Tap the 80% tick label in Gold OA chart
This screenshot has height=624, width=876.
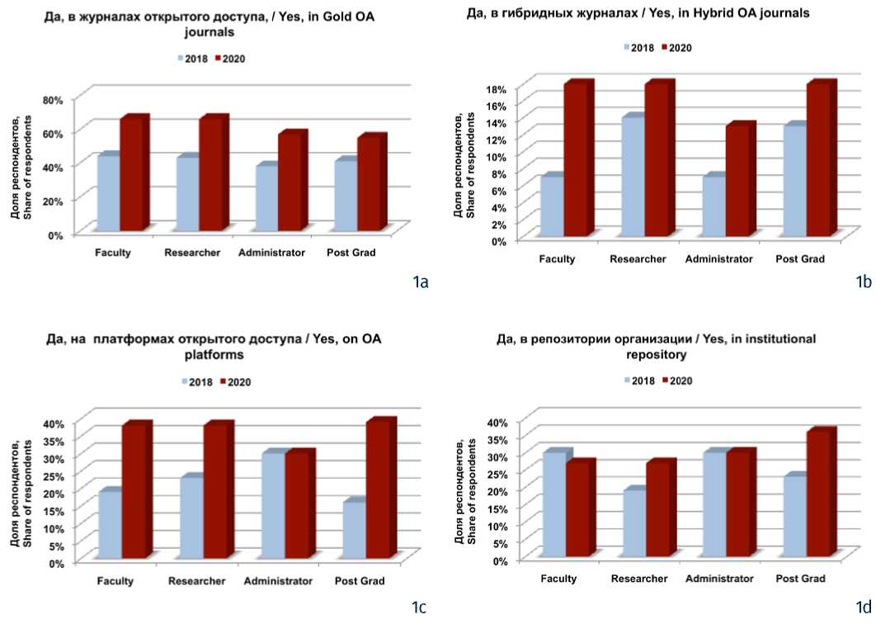pos(52,99)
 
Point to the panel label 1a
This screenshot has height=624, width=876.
pos(420,282)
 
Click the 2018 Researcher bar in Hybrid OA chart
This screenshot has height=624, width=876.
pos(632,177)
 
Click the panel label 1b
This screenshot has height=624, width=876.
pos(863,282)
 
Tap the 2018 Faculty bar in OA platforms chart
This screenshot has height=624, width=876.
pos(109,524)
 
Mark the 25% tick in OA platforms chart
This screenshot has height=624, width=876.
pos(52,475)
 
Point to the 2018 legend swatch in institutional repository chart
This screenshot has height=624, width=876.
pos(626,381)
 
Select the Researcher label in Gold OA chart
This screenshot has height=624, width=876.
pos(192,253)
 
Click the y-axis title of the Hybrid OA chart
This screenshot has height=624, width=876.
pos(464,168)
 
